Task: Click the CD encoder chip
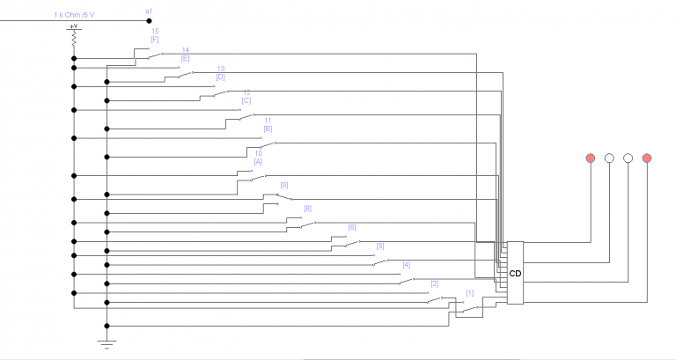tap(515, 273)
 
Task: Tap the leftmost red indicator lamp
tap(590, 158)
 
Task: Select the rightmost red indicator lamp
tap(647, 158)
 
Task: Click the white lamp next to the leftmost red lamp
tap(609, 158)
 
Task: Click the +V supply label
tap(74, 26)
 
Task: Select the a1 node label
tap(148, 10)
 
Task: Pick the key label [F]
tap(155, 40)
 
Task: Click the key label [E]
tap(186, 58)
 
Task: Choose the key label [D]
tap(220, 77)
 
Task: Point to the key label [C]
tap(246, 100)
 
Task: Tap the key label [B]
tap(268, 129)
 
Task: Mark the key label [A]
tap(258, 161)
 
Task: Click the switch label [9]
tap(283, 185)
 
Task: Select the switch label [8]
tap(307, 209)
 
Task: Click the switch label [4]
tap(406, 264)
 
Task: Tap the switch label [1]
tap(469, 292)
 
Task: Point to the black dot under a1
tap(148, 19)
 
